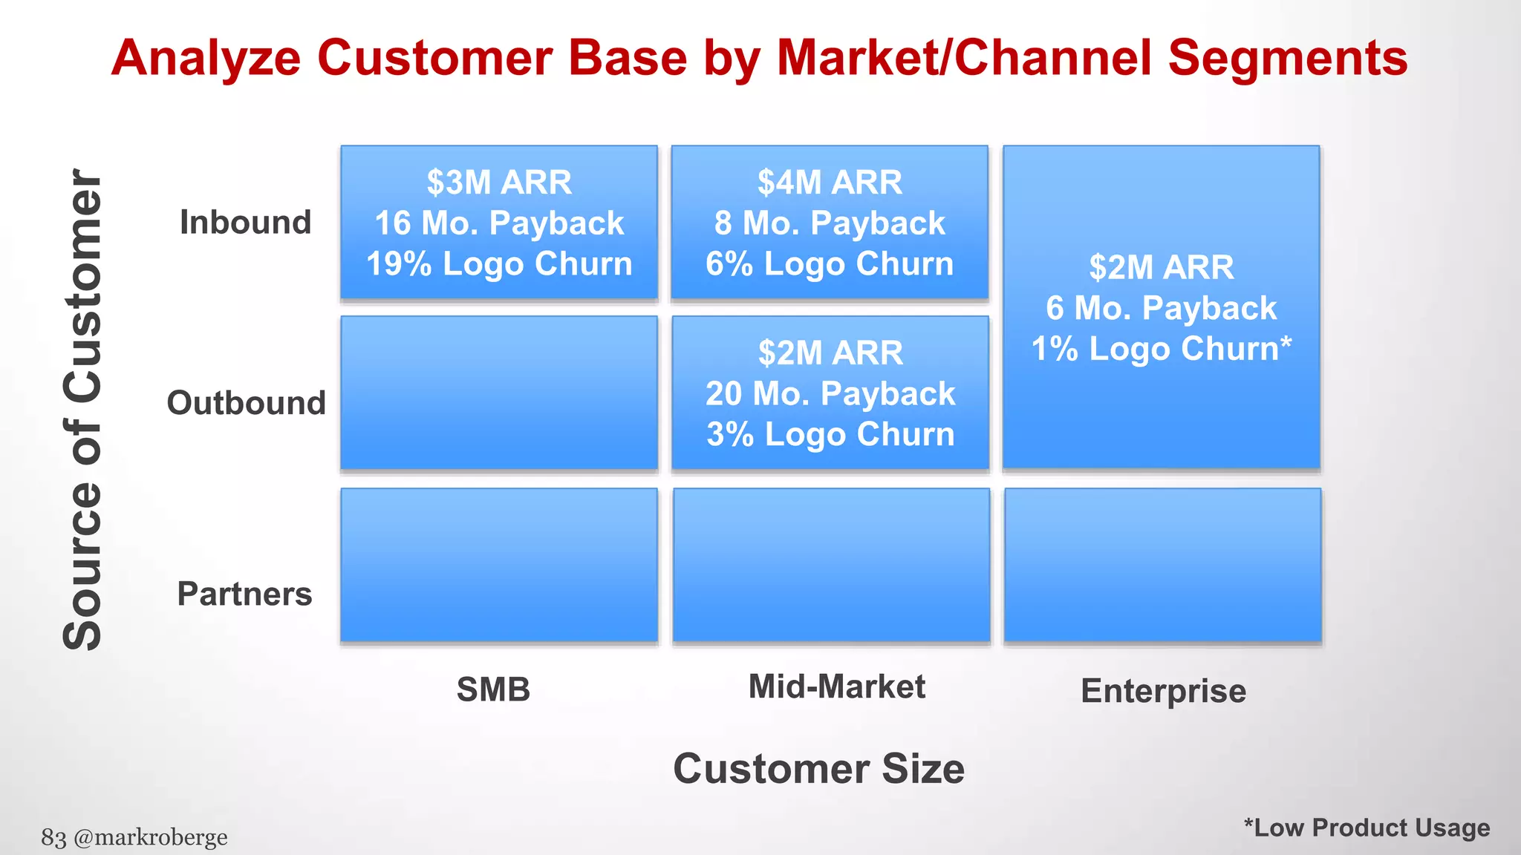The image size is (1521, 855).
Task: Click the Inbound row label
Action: [x=245, y=223]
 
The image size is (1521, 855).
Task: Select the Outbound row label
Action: [x=246, y=403]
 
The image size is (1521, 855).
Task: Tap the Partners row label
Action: [x=244, y=594]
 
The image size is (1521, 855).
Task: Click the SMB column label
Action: [x=493, y=689]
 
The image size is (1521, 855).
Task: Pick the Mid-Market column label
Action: [x=836, y=687]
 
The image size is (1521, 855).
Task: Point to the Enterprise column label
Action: [x=1163, y=691]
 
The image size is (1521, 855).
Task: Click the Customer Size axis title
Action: [x=818, y=769]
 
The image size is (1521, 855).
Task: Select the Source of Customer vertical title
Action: [x=82, y=410]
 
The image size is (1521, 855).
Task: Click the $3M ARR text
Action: [x=499, y=183]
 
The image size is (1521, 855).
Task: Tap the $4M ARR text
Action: [x=830, y=183]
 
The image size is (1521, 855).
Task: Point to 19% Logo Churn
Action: [x=499, y=264]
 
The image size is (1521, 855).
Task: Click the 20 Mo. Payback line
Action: [x=830, y=393]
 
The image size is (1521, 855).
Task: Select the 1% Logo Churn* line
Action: [x=1162, y=349]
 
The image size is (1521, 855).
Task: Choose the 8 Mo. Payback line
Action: [x=830, y=223]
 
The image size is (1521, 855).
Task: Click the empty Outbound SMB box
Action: [x=499, y=393]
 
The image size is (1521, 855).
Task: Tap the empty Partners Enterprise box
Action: [x=1162, y=565]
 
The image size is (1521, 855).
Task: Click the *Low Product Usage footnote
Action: [x=1367, y=828]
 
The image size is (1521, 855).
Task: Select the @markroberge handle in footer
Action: [x=151, y=837]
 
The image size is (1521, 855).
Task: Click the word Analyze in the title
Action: [x=206, y=58]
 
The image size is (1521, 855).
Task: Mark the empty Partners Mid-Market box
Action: [x=831, y=565]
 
